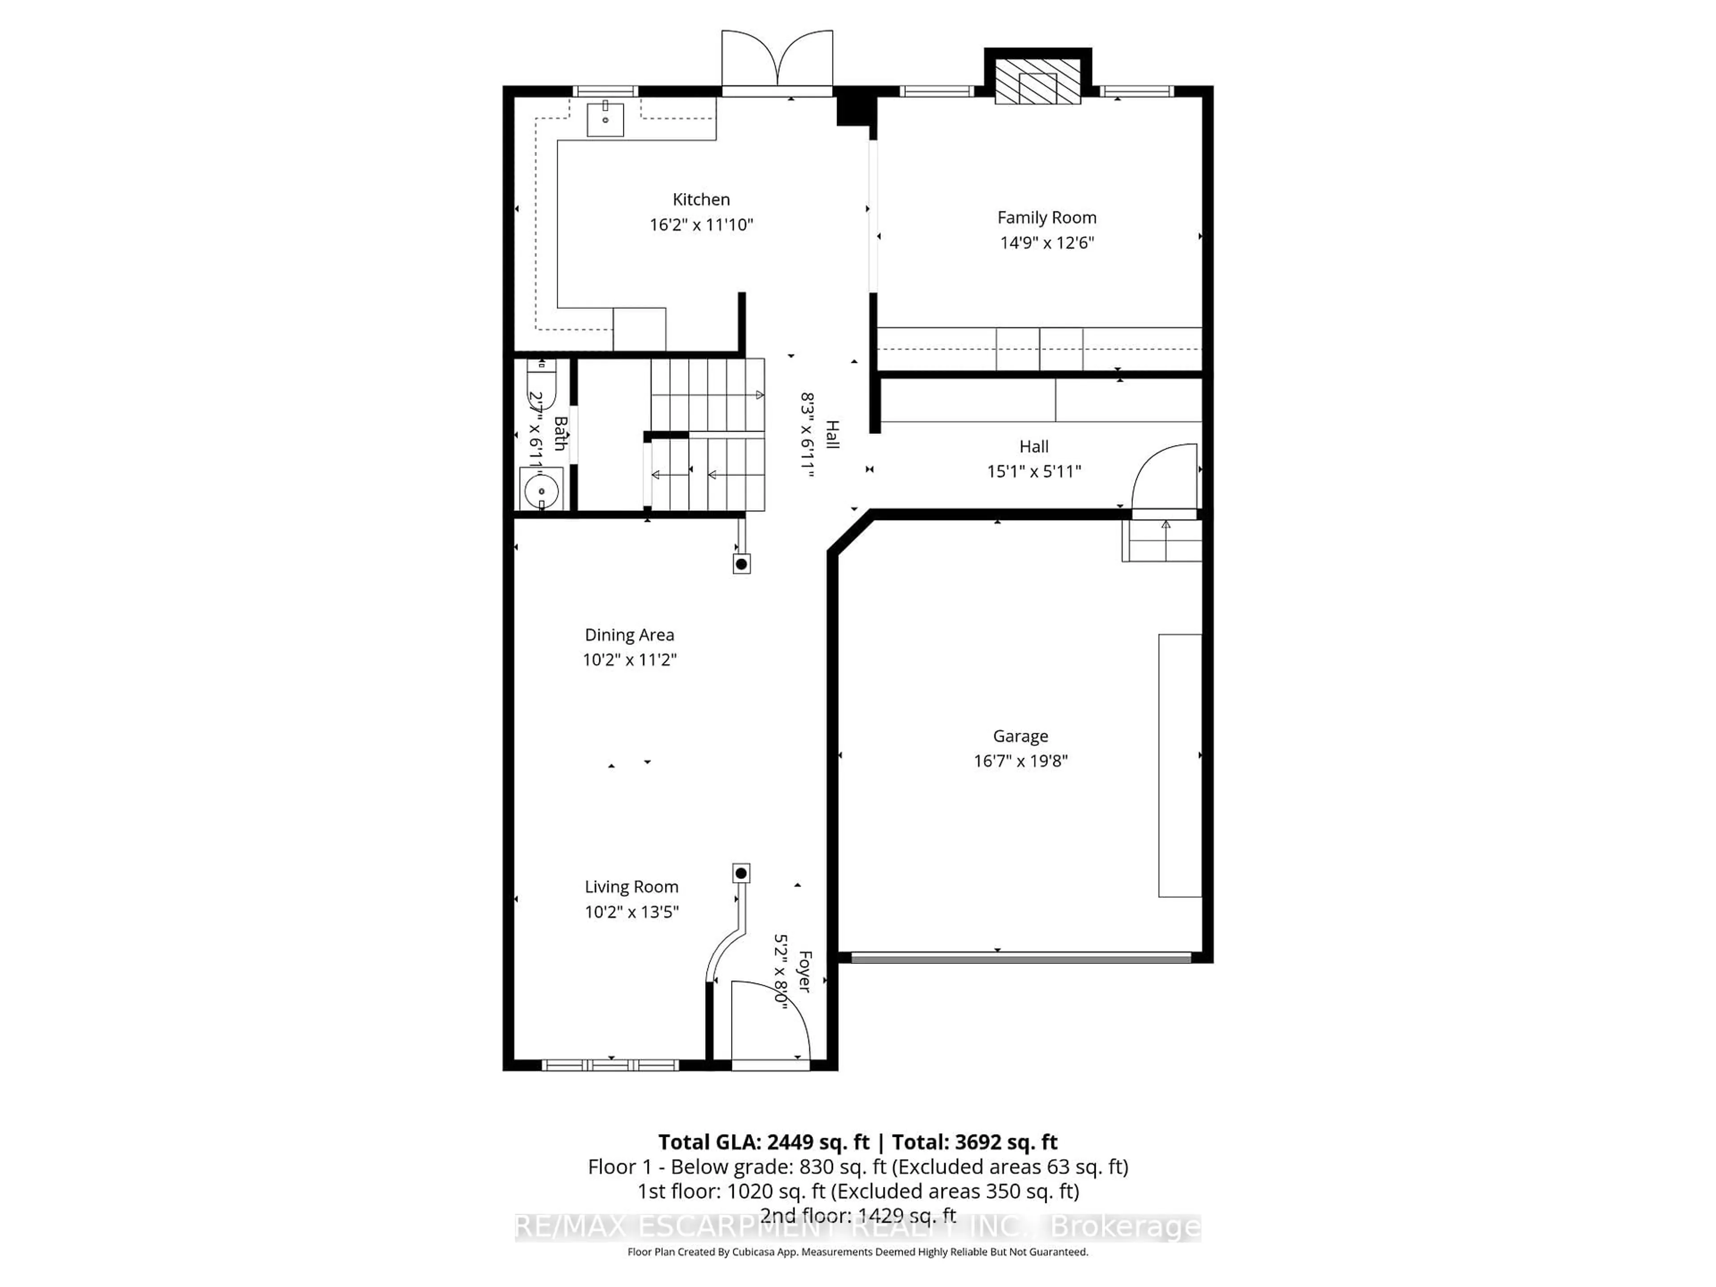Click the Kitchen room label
tap(701, 199)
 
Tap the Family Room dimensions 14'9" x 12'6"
tap(1047, 243)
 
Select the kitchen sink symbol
tap(605, 119)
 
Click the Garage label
tap(1020, 736)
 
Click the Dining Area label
tap(629, 635)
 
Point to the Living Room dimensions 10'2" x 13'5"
tap(631, 912)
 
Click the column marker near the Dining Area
tap(741, 564)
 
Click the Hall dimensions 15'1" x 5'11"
tap(1033, 471)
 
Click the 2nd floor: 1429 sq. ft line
tap(857, 1215)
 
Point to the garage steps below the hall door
tap(1161, 541)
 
